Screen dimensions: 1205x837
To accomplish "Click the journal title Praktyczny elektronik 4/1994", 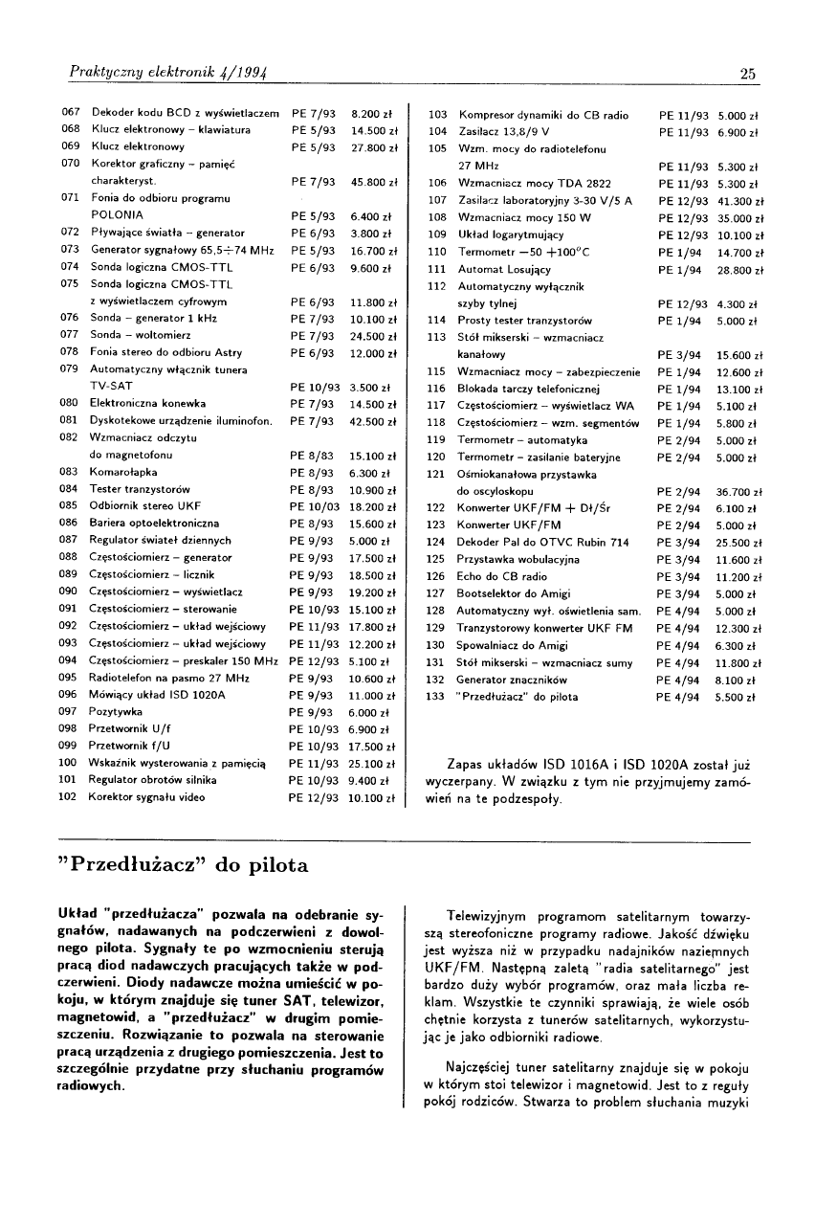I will tap(160, 72).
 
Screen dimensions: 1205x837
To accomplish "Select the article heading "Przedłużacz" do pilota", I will tap(186, 866).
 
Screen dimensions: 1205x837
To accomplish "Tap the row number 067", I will tap(69, 114).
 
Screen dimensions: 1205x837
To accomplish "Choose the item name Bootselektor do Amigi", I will tap(514, 593).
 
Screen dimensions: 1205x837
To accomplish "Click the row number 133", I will tap(435, 697).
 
